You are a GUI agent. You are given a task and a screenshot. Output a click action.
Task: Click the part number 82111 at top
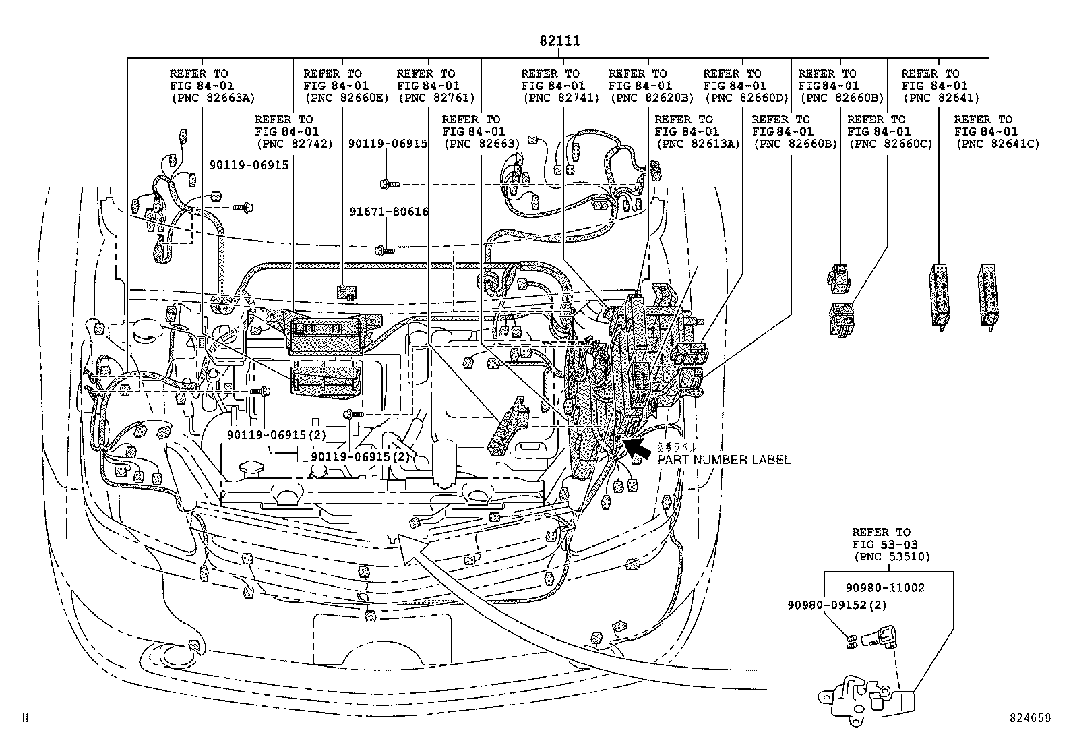point(559,41)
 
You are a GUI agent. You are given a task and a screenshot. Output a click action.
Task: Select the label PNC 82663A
point(212,98)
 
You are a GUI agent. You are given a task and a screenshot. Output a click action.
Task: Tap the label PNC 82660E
point(346,98)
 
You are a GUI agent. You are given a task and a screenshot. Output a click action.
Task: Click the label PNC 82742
point(294,144)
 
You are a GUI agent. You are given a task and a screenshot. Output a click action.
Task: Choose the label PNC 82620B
point(651,98)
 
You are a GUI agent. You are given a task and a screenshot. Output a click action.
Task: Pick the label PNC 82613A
point(696,144)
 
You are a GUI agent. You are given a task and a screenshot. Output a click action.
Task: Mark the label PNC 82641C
point(997,144)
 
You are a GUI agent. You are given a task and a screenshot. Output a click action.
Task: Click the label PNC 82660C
point(890,144)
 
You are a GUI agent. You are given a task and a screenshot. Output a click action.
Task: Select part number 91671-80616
point(389,212)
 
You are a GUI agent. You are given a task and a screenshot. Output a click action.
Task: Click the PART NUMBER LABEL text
point(723,460)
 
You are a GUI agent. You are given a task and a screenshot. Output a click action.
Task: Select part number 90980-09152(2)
point(836,605)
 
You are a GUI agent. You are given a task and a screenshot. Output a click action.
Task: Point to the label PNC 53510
point(891,557)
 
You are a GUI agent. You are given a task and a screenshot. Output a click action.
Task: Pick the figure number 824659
point(1030,719)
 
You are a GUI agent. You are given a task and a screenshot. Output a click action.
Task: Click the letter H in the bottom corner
point(25,719)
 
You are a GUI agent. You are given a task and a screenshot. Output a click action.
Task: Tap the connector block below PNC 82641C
point(987,295)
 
